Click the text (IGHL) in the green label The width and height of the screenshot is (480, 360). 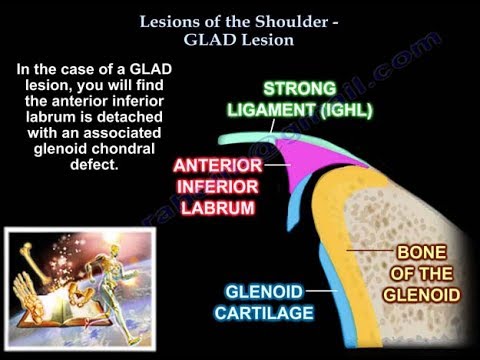[x=340, y=109]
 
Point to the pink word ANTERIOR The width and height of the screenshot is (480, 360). [x=212, y=165]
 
